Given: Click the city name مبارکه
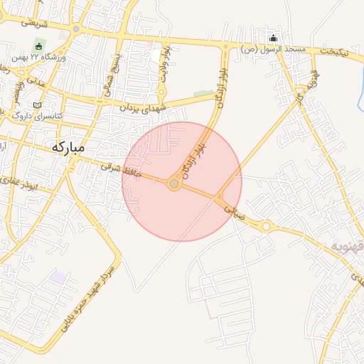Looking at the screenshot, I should [68, 147].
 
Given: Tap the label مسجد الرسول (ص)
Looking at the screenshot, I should [273, 49].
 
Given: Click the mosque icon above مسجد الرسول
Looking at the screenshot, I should [274, 38].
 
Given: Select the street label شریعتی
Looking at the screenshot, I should [33, 22].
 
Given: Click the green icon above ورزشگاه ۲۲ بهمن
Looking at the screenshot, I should [38, 46].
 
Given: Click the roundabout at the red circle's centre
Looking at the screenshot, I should [174, 184].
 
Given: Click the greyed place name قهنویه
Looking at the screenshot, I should [346, 246].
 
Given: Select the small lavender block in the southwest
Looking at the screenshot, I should [56, 275].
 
